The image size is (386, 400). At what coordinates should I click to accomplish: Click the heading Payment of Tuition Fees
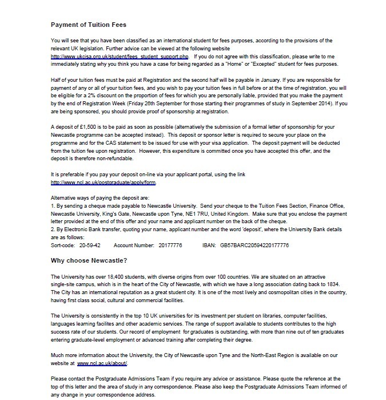(x=89, y=25)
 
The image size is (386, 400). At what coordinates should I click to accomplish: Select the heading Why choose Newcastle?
(x=90, y=261)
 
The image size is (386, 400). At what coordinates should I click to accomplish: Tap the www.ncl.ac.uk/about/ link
(x=103, y=363)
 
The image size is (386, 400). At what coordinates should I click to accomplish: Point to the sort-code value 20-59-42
(x=90, y=245)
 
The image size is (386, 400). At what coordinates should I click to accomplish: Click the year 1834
(x=341, y=284)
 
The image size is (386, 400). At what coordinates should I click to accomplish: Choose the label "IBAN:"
(x=208, y=245)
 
